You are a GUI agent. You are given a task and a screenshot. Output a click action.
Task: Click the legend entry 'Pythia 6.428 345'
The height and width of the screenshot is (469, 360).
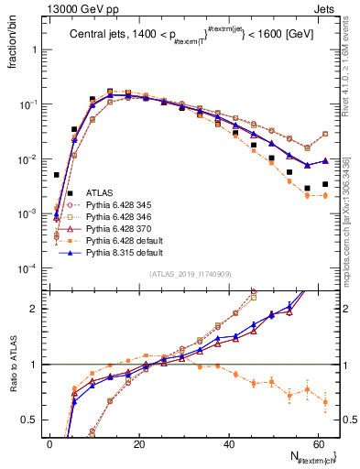point(122,205)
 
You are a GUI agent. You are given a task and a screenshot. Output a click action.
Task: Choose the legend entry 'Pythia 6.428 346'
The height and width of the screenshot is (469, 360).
point(122,217)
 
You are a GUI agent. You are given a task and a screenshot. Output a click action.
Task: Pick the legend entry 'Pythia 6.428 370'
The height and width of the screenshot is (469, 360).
point(122,229)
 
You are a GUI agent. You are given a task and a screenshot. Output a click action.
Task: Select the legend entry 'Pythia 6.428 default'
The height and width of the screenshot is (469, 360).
point(126,241)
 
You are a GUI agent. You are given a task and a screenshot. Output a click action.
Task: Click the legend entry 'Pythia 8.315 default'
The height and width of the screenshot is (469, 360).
point(126,253)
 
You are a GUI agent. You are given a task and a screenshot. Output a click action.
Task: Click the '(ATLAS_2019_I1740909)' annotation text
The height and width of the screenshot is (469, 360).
point(190,275)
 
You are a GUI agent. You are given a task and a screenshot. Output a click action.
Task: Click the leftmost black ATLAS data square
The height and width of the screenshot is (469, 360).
point(57,174)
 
